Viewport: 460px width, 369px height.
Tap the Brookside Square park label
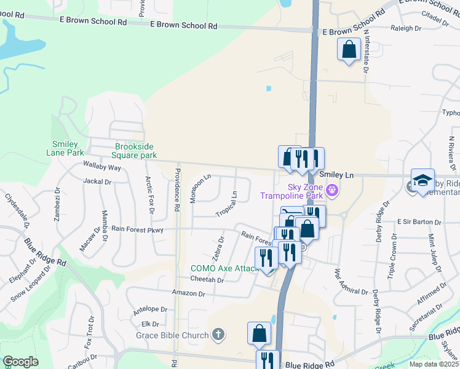tap(136, 151)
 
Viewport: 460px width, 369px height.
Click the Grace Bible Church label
tap(172, 336)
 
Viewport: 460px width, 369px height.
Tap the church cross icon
tap(217, 335)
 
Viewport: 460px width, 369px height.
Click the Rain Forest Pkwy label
tap(137, 229)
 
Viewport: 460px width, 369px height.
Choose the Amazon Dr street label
tap(189, 293)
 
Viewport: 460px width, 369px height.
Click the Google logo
tap(20, 362)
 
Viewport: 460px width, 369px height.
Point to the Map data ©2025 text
tap(434, 364)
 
